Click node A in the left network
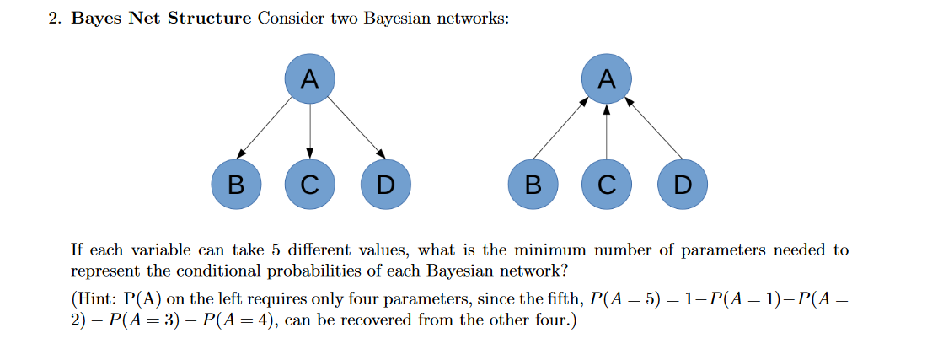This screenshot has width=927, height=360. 310,79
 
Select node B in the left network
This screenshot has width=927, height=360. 235,184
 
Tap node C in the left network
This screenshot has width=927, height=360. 310,184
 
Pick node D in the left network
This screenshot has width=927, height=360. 385,184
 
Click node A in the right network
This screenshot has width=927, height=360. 607,79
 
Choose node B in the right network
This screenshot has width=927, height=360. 533,184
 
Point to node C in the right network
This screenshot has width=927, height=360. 607,184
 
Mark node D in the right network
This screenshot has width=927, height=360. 683,184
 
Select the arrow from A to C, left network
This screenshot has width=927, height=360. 310,131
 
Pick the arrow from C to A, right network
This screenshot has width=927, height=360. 607,131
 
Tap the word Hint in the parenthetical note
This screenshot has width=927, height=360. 99,298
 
